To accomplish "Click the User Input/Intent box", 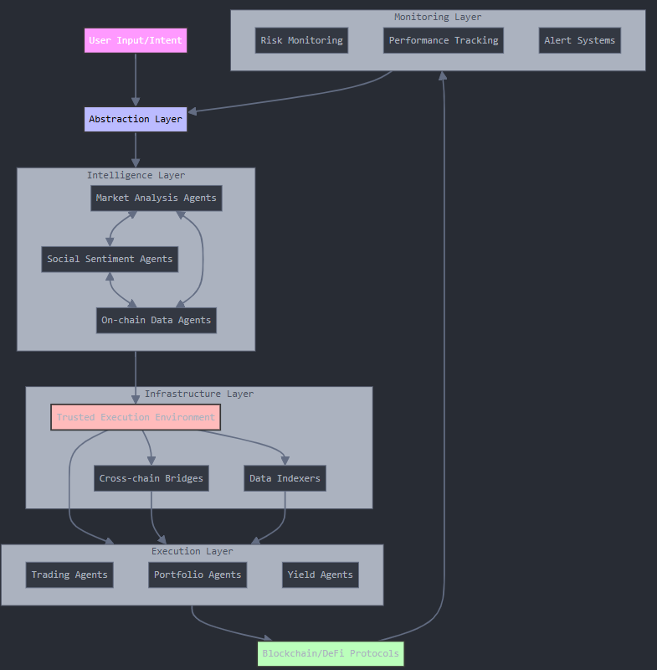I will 136,40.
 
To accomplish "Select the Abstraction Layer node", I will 136,119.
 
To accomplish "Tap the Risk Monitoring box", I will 301,40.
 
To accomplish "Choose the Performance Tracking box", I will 444,40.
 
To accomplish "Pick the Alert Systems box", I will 579,40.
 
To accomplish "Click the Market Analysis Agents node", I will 157,198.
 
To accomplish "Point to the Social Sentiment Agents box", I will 110,259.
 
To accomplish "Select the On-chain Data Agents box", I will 157,320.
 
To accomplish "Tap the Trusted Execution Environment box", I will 136,417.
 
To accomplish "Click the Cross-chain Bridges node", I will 151,478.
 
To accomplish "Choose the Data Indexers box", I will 285,478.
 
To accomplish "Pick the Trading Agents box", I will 69,575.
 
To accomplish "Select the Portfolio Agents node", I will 198,575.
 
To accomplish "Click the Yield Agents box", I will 321,575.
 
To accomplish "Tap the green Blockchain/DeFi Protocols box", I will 331,653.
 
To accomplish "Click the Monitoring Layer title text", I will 438,17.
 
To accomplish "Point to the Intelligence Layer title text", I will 136,175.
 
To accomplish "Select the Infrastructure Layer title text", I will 198,394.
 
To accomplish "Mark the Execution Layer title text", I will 192,551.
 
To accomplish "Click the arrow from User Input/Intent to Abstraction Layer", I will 136,80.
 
